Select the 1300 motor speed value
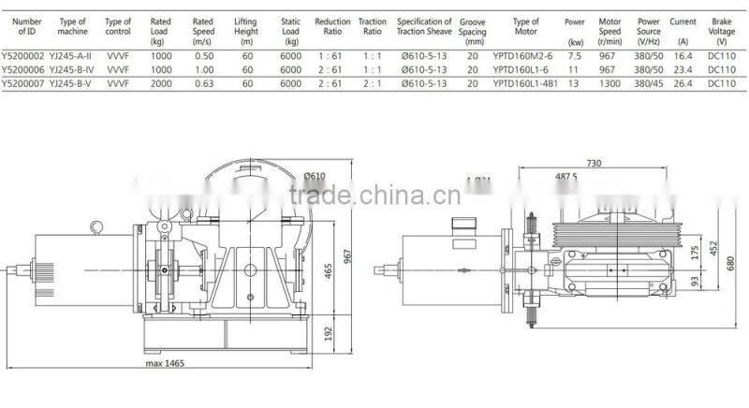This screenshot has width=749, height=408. pyautogui.click(x=609, y=83)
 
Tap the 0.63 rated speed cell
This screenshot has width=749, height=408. pyautogui.click(x=203, y=83)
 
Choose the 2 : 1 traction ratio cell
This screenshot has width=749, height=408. pyautogui.click(x=373, y=83)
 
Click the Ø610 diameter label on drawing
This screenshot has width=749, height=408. pyautogui.click(x=314, y=175)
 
